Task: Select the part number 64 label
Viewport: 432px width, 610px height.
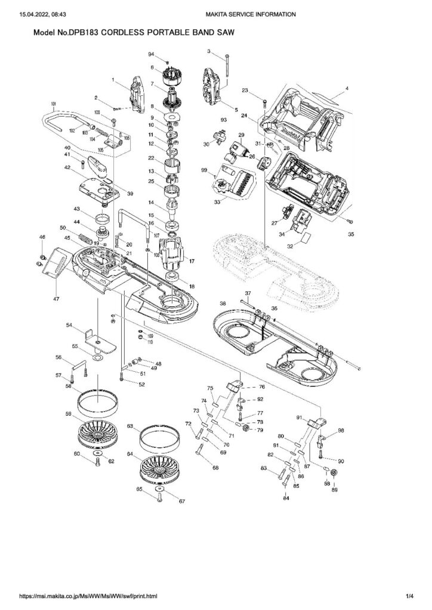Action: point(129,454)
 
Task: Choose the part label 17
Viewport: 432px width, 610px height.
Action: point(192,260)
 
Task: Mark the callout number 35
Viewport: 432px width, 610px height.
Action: point(351,235)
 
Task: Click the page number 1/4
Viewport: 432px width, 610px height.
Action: point(409,596)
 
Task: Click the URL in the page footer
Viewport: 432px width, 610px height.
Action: point(88,596)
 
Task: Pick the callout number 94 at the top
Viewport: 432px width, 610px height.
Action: point(151,54)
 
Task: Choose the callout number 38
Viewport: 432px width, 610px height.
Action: point(223,303)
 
